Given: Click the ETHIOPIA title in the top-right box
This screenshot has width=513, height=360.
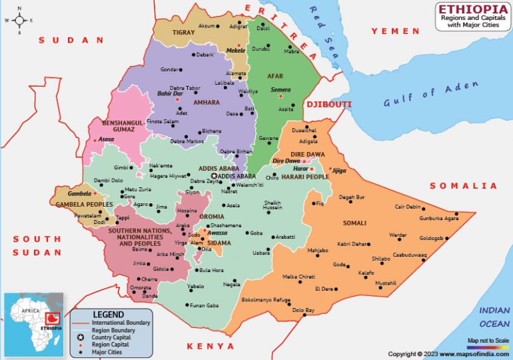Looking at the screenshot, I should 472,9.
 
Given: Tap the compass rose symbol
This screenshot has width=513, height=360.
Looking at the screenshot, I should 19,20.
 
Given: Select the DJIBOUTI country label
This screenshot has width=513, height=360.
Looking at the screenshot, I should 328,105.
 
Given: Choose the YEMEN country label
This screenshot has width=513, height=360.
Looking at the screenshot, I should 396,31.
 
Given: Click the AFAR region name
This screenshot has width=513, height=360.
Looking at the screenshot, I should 275,76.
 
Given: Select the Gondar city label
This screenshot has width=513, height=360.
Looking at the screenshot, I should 170,69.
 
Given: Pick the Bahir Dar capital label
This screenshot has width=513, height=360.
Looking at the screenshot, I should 169,95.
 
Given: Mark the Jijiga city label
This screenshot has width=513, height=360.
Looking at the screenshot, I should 339,171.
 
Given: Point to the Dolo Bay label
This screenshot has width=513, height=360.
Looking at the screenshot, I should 303,310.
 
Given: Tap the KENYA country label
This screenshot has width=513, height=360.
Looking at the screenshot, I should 211,347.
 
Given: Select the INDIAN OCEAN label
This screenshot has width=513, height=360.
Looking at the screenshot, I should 494,316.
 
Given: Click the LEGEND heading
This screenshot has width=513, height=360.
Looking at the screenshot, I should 108,314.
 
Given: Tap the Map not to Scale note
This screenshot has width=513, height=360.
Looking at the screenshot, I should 488,341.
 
